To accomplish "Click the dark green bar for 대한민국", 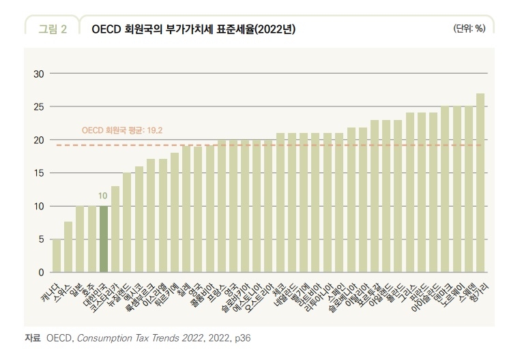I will pyautogui.click(x=104, y=239).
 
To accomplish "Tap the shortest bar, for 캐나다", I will pyautogui.click(x=57, y=256).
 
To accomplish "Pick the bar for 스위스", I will pyautogui.click(x=68, y=247).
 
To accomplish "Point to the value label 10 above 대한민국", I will pyautogui.click(x=104, y=196).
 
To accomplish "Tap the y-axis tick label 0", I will pyautogui.click(x=41, y=273).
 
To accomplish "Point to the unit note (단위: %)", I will pyautogui.click(x=469, y=28).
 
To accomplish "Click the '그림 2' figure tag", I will pyautogui.click(x=52, y=29).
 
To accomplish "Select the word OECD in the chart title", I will pyautogui.click(x=106, y=29).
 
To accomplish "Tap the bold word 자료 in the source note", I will pyautogui.click(x=32, y=337).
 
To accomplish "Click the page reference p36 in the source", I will pyautogui.click(x=242, y=337).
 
